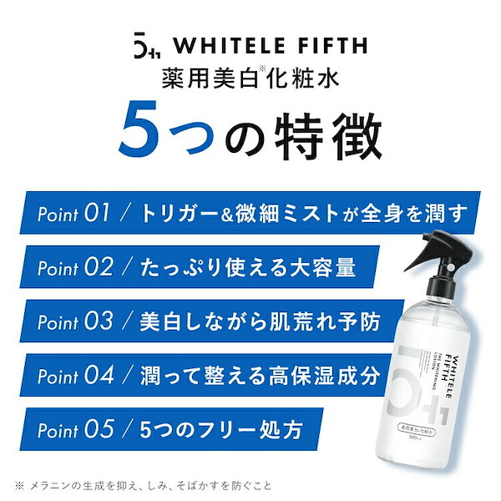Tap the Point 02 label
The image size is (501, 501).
[x=75, y=268]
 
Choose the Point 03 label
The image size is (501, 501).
[x=75, y=322]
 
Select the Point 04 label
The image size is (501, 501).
[x=76, y=376]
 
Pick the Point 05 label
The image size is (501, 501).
[x=75, y=430]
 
